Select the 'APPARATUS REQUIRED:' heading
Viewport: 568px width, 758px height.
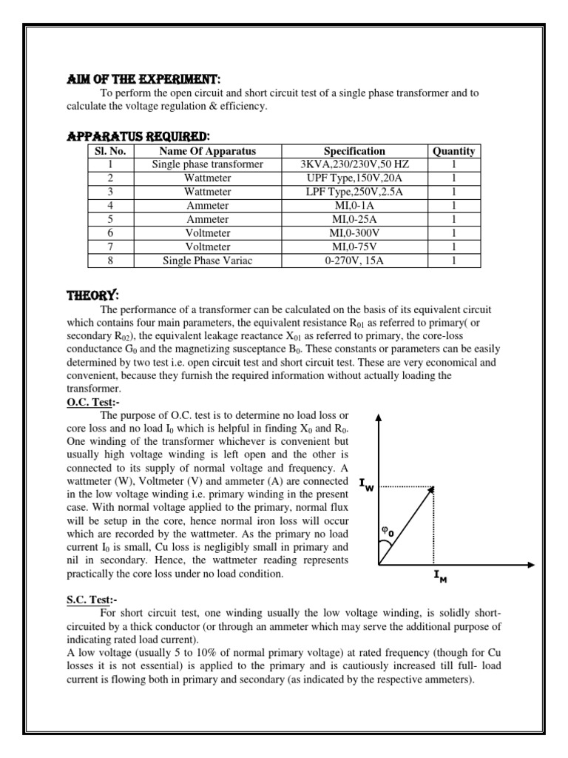[x=138, y=136]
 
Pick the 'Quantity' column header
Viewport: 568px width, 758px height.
[x=453, y=151]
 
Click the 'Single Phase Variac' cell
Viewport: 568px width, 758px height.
[x=207, y=260]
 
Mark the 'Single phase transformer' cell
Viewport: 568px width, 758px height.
[x=207, y=164]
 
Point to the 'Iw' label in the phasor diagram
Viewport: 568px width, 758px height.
[x=367, y=484]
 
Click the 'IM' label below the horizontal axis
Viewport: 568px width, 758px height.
[x=440, y=577]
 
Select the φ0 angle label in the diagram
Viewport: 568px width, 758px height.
[x=386, y=531]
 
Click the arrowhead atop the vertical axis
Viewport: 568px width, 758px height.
[x=379, y=417]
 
